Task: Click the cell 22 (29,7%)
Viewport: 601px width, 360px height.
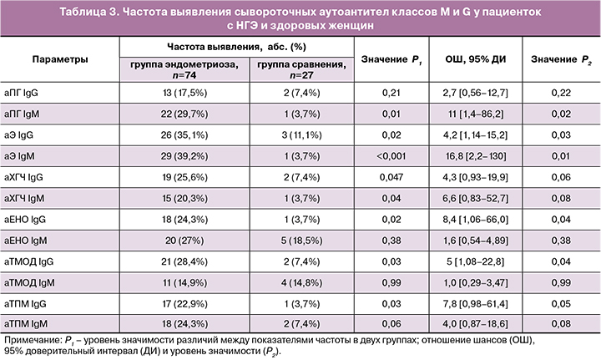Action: coord(182,114)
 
